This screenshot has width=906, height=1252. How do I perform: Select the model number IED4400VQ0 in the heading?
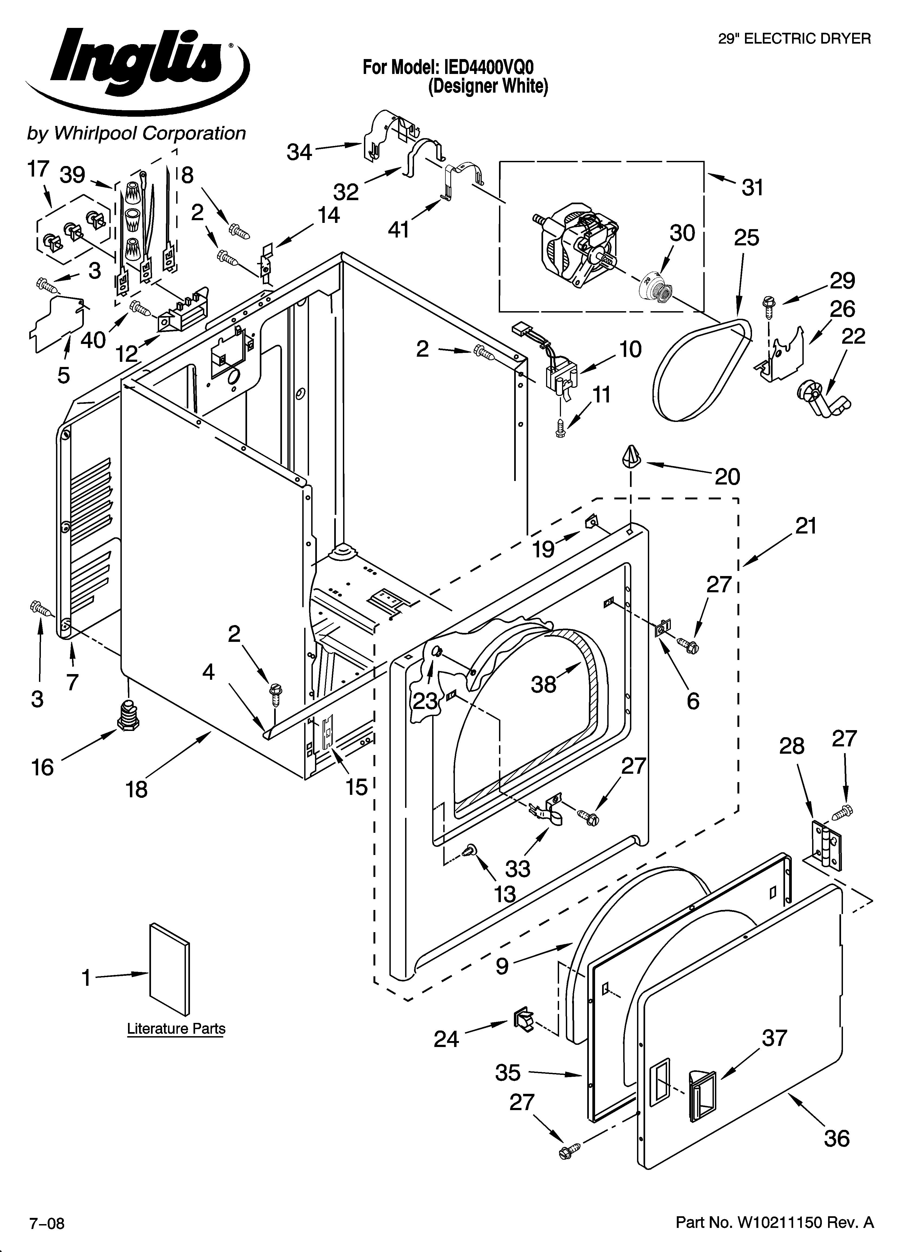(x=485, y=67)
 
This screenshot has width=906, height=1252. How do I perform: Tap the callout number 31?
(x=752, y=188)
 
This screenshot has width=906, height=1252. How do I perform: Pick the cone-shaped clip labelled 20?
(x=630, y=457)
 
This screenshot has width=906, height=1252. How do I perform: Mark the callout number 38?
(x=543, y=685)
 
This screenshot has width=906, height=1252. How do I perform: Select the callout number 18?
(x=136, y=789)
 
